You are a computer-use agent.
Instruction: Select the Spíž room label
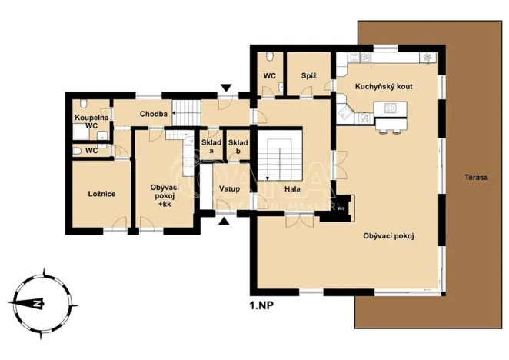[299, 76]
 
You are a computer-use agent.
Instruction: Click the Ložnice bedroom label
[101, 194]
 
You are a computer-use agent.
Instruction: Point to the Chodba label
[153, 115]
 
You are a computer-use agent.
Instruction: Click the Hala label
[292, 188]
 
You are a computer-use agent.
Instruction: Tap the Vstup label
[229, 188]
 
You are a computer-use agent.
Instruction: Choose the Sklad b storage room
[238, 146]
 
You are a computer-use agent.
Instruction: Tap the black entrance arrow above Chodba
[225, 88]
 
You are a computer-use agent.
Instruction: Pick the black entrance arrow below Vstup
[224, 222]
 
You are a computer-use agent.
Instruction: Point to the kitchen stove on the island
[390, 108]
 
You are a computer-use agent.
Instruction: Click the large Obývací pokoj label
[388, 236]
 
